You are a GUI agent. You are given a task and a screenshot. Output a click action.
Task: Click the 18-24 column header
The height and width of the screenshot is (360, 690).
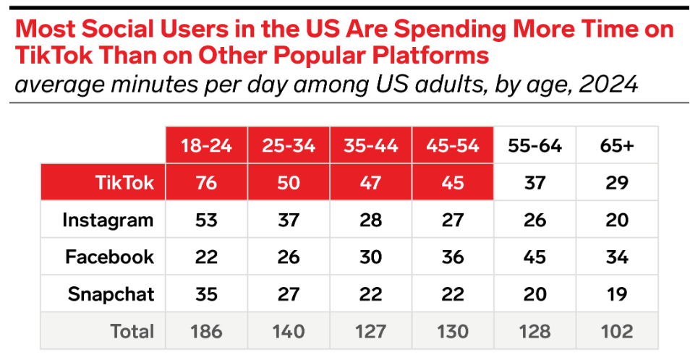tap(207, 145)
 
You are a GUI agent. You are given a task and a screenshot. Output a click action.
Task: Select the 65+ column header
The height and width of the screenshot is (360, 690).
tap(617, 145)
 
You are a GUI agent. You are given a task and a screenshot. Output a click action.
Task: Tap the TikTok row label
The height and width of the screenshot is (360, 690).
tap(124, 182)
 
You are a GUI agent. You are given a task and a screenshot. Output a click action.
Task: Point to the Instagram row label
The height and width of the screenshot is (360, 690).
tap(108, 220)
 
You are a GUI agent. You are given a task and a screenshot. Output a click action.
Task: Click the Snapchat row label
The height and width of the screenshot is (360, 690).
tap(111, 294)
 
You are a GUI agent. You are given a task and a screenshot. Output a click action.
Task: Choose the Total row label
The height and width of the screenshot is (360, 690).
tap(132, 331)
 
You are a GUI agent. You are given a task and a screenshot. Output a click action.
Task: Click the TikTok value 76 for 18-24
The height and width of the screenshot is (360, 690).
tap(207, 182)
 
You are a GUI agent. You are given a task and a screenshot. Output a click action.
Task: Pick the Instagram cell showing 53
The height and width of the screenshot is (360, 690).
tap(207, 220)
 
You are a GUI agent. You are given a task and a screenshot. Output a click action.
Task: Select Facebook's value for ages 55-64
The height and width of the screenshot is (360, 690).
tap(534, 257)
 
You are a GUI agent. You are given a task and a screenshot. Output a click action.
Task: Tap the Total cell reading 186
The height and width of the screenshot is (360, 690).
tap(207, 331)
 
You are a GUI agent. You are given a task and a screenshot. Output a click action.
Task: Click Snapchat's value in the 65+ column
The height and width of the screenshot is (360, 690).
tap(617, 294)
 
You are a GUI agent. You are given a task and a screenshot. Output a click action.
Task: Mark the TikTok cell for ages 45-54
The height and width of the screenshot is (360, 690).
tap(453, 182)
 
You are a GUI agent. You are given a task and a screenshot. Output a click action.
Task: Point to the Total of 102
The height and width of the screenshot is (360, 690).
tap(617, 331)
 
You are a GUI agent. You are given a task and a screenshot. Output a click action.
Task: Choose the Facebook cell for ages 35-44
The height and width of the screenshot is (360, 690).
tap(371, 257)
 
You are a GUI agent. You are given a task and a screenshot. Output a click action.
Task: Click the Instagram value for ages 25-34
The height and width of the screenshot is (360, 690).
tap(289, 220)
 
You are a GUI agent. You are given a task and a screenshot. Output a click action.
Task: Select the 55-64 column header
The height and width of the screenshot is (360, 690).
tap(534, 145)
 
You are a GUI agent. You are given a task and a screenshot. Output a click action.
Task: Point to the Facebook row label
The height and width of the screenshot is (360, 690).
tap(110, 257)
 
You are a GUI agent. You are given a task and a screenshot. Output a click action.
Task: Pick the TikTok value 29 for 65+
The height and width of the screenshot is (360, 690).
tap(617, 182)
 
